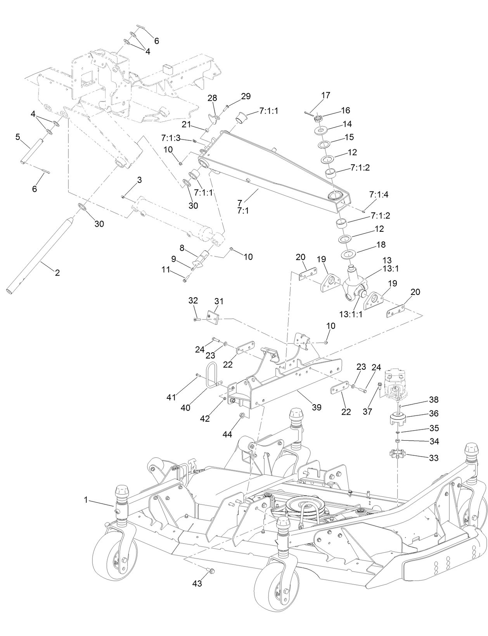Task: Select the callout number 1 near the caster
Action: (x=86, y=500)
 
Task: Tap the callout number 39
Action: (x=317, y=407)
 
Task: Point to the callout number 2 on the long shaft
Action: (x=57, y=272)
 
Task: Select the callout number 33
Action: (x=433, y=458)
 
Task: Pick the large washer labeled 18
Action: (x=349, y=255)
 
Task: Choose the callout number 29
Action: (x=246, y=96)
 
